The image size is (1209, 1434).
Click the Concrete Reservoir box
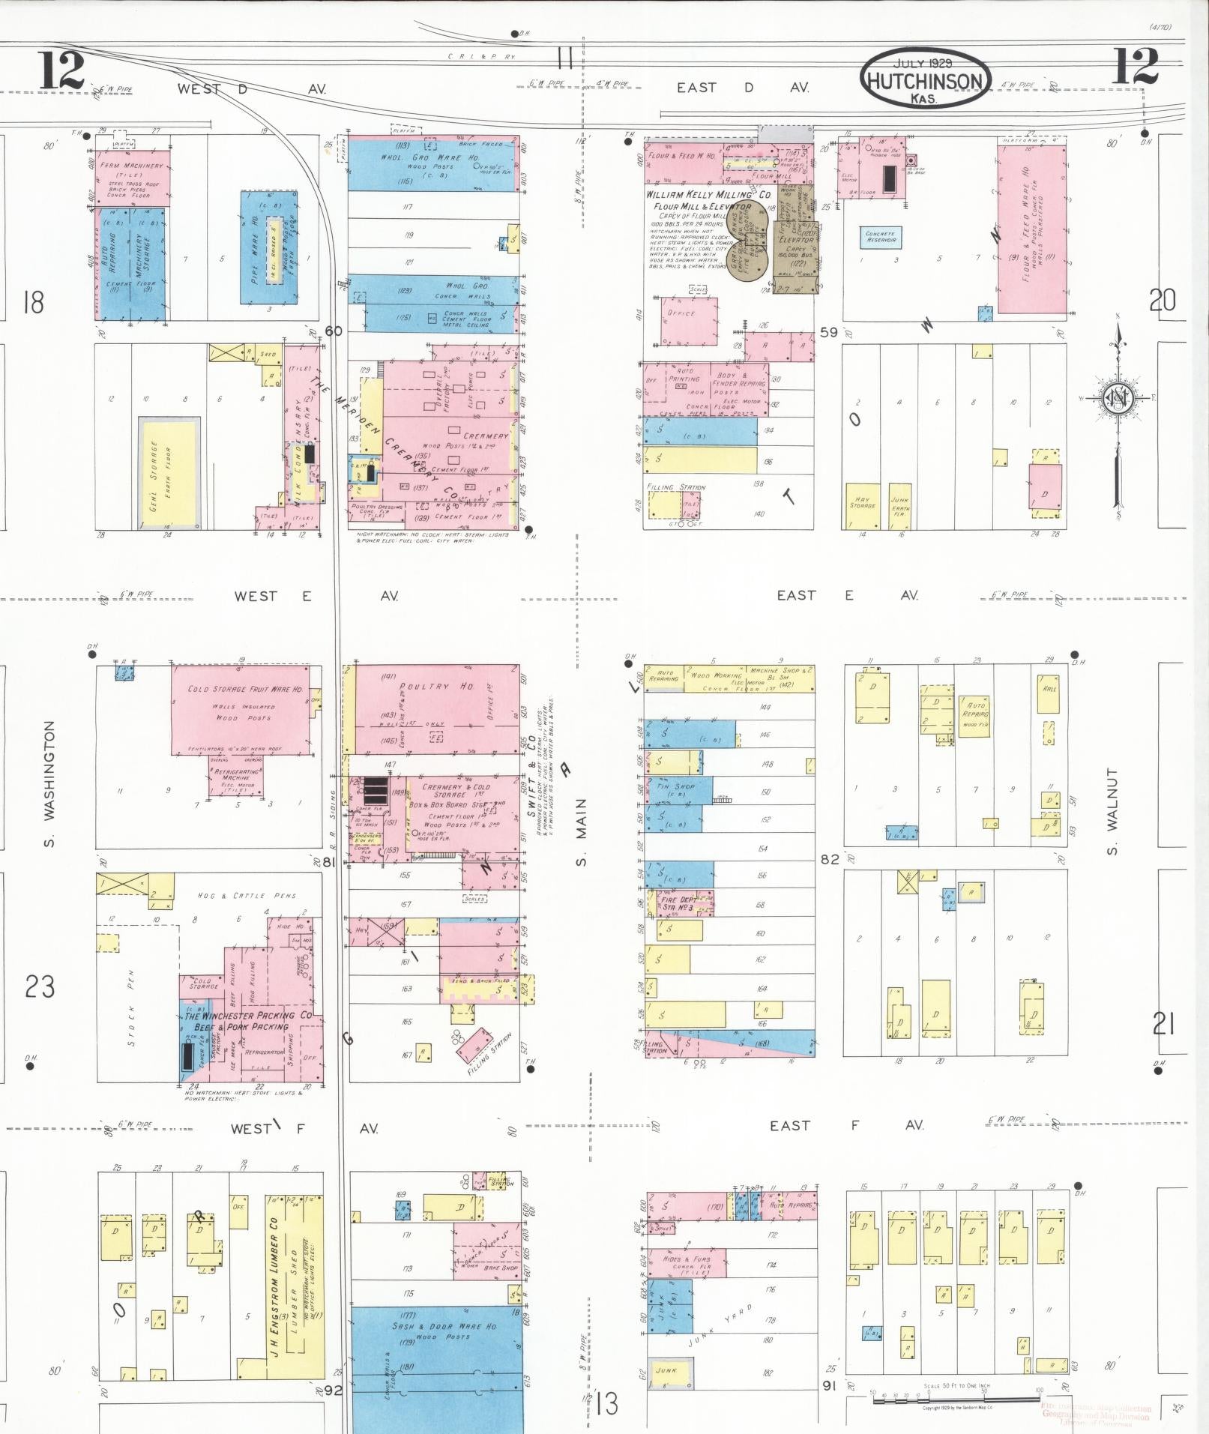881,238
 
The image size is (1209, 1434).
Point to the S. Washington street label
50,783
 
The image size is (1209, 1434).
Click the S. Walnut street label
1112,811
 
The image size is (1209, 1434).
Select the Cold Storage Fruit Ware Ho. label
245,688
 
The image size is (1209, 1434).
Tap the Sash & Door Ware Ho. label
444,1326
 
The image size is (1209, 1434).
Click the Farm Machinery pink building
133,178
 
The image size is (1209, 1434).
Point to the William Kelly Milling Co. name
708,194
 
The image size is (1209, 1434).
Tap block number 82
830,860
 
